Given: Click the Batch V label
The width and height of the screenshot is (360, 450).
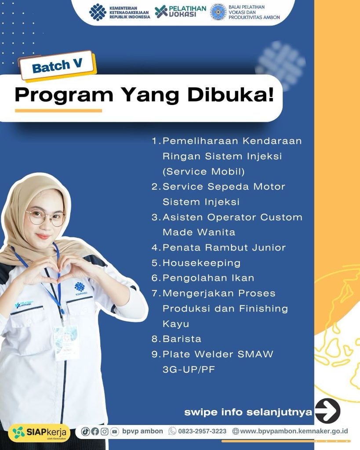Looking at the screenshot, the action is pyautogui.click(x=58, y=65).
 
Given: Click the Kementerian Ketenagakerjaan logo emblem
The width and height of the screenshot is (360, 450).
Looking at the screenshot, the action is pyautogui.click(x=98, y=12).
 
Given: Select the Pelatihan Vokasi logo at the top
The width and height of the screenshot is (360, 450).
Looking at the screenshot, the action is pyautogui.click(x=180, y=11).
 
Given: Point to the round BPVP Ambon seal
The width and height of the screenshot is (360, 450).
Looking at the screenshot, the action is pyautogui.click(x=218, y=12).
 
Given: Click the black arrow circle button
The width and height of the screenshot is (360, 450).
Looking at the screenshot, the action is pyautogui.click(x=327, y=411).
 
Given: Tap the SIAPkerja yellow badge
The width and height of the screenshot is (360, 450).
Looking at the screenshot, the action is pyautogui.click(x=39, y=433).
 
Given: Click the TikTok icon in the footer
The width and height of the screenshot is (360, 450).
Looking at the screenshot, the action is pyautogui.click(x=85, y=432).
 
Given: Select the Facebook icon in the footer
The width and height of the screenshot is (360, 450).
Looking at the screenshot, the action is pyautogui.click(x=95, y=432).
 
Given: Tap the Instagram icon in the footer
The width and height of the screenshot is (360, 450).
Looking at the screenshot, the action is pyautogui.click(x=105, y=432).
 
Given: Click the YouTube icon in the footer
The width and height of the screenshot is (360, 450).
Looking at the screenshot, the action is pyautogui.click(x=114, y=432).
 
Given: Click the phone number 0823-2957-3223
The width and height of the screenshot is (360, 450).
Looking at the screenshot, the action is pyautogui.click(x=202, y=431).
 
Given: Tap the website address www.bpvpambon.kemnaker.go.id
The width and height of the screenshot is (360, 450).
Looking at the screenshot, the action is pyautogui.click(x=294, y=431).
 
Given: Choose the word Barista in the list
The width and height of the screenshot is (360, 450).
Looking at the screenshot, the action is pyautogui.click(x=182, y=339).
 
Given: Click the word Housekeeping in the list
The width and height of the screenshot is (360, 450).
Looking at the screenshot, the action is pyautogui.click(x=201, y=263).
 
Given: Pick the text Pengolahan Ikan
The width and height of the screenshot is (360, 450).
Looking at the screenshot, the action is pyautogui.click(x=208, y=278).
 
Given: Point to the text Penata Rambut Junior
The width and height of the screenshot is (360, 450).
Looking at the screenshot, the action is pyautogui.click(x=224, y=247).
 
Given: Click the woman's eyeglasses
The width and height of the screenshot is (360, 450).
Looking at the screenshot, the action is pyautogui.click(x=46, y=218).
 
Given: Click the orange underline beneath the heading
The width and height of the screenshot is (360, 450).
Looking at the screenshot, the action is pyautogui.click(x=58, y=110).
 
